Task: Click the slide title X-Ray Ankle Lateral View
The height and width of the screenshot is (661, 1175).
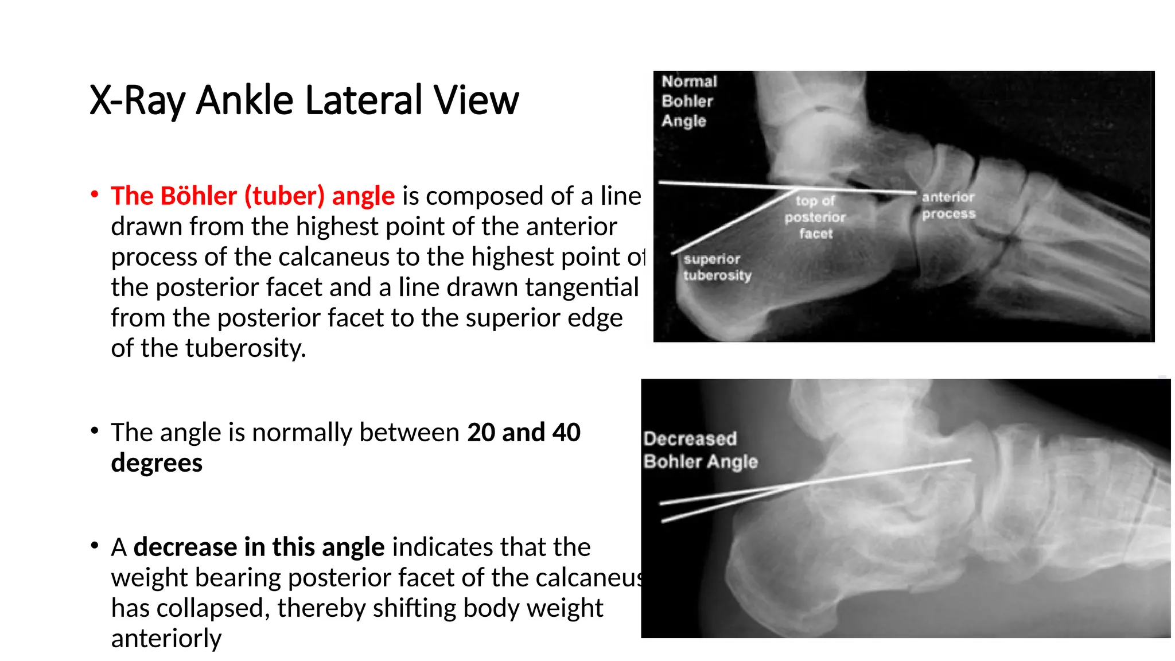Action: pyautogui.click(x=304, y=100)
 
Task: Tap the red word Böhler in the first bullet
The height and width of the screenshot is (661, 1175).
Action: pyautogui.click(x=199, y=196)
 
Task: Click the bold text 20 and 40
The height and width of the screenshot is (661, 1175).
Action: pyautogui.click(x=524, y=432)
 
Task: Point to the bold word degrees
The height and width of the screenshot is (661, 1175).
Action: pyautogui.click(x=157, y=462)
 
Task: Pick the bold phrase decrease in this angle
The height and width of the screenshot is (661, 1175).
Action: pyautogui.click(x=259, y=547)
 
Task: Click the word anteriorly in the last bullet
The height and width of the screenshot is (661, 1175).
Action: pyautogui.click(x=166, y=638)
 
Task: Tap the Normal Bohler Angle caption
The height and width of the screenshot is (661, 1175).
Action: pyautogui.click(x=688, y=101)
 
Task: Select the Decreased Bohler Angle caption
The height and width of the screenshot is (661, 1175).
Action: pyautogui.click(x=700, y=450)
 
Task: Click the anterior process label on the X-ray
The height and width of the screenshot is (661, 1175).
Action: pyautogui.click(x=948, y=205)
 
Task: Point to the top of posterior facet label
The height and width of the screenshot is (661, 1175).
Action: pyautogui.click(x=815, y=217)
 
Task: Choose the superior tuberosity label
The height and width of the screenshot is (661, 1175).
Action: pyautogui.click(x=717, y=267)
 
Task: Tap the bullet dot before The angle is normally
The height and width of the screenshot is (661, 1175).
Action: pyautogui.click(x=95, y=430)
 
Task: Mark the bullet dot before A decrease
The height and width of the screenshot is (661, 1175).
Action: pyautogui.click(x=95, y=545)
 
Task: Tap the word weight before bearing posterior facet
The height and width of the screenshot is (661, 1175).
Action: pyautogui.click(x=149, y=577)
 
